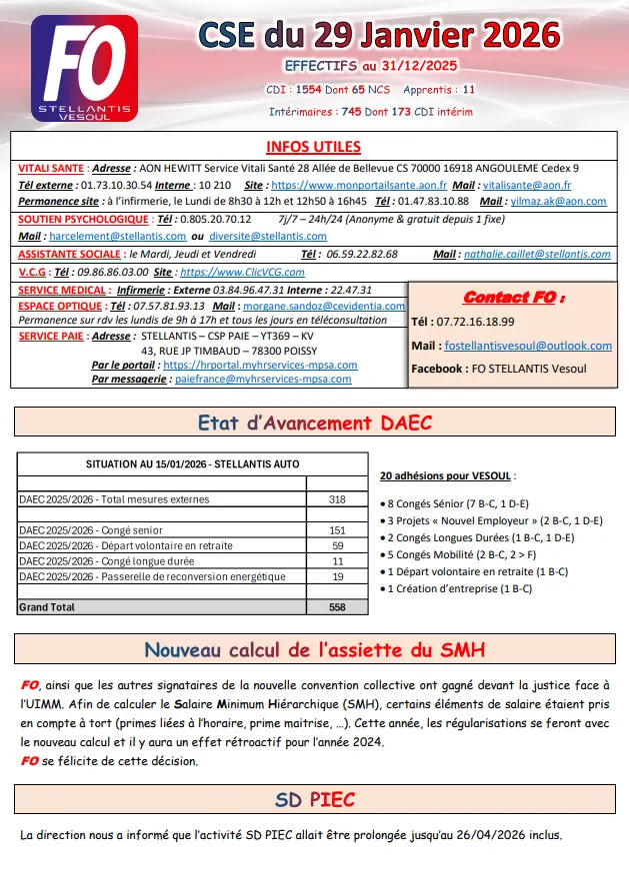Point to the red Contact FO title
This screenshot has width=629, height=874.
click(513, 298)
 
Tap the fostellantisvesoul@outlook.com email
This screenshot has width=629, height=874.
click(527, 346)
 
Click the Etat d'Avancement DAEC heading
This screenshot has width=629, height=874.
click(315, 423)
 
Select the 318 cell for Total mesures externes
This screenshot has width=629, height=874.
click(337, 499)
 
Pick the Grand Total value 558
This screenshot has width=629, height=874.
click(337, 606)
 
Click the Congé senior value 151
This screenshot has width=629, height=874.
click(337, 530)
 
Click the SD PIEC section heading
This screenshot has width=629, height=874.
click(315, 801)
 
